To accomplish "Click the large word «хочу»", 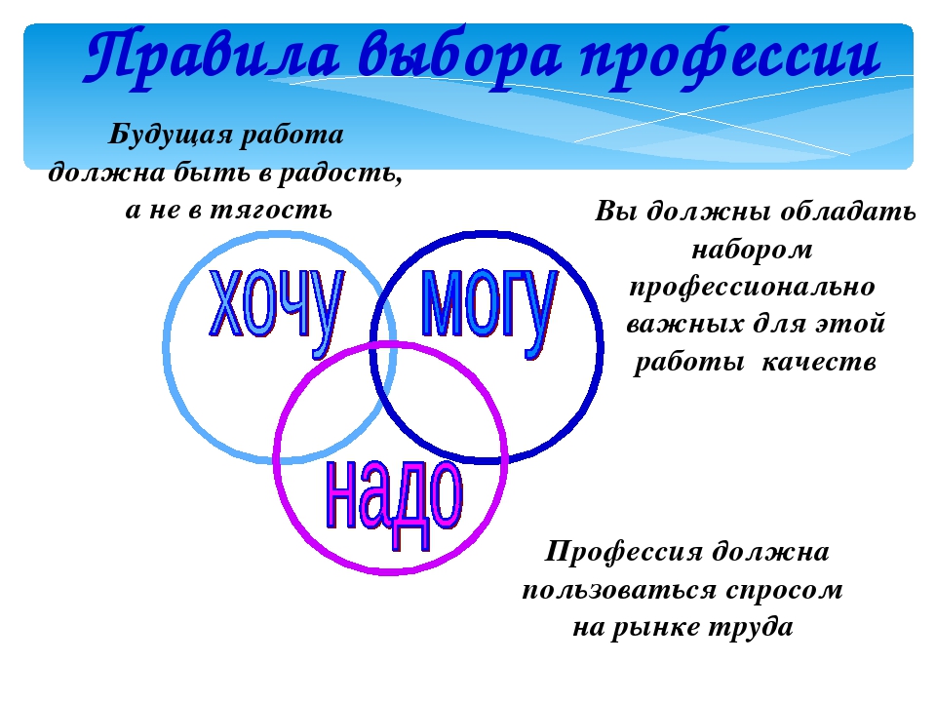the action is (276, 310).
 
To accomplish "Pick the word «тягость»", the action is (272, 211).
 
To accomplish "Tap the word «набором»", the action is (752, 250).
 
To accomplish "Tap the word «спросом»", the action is (784, 591).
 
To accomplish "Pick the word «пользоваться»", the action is (620, 591).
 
